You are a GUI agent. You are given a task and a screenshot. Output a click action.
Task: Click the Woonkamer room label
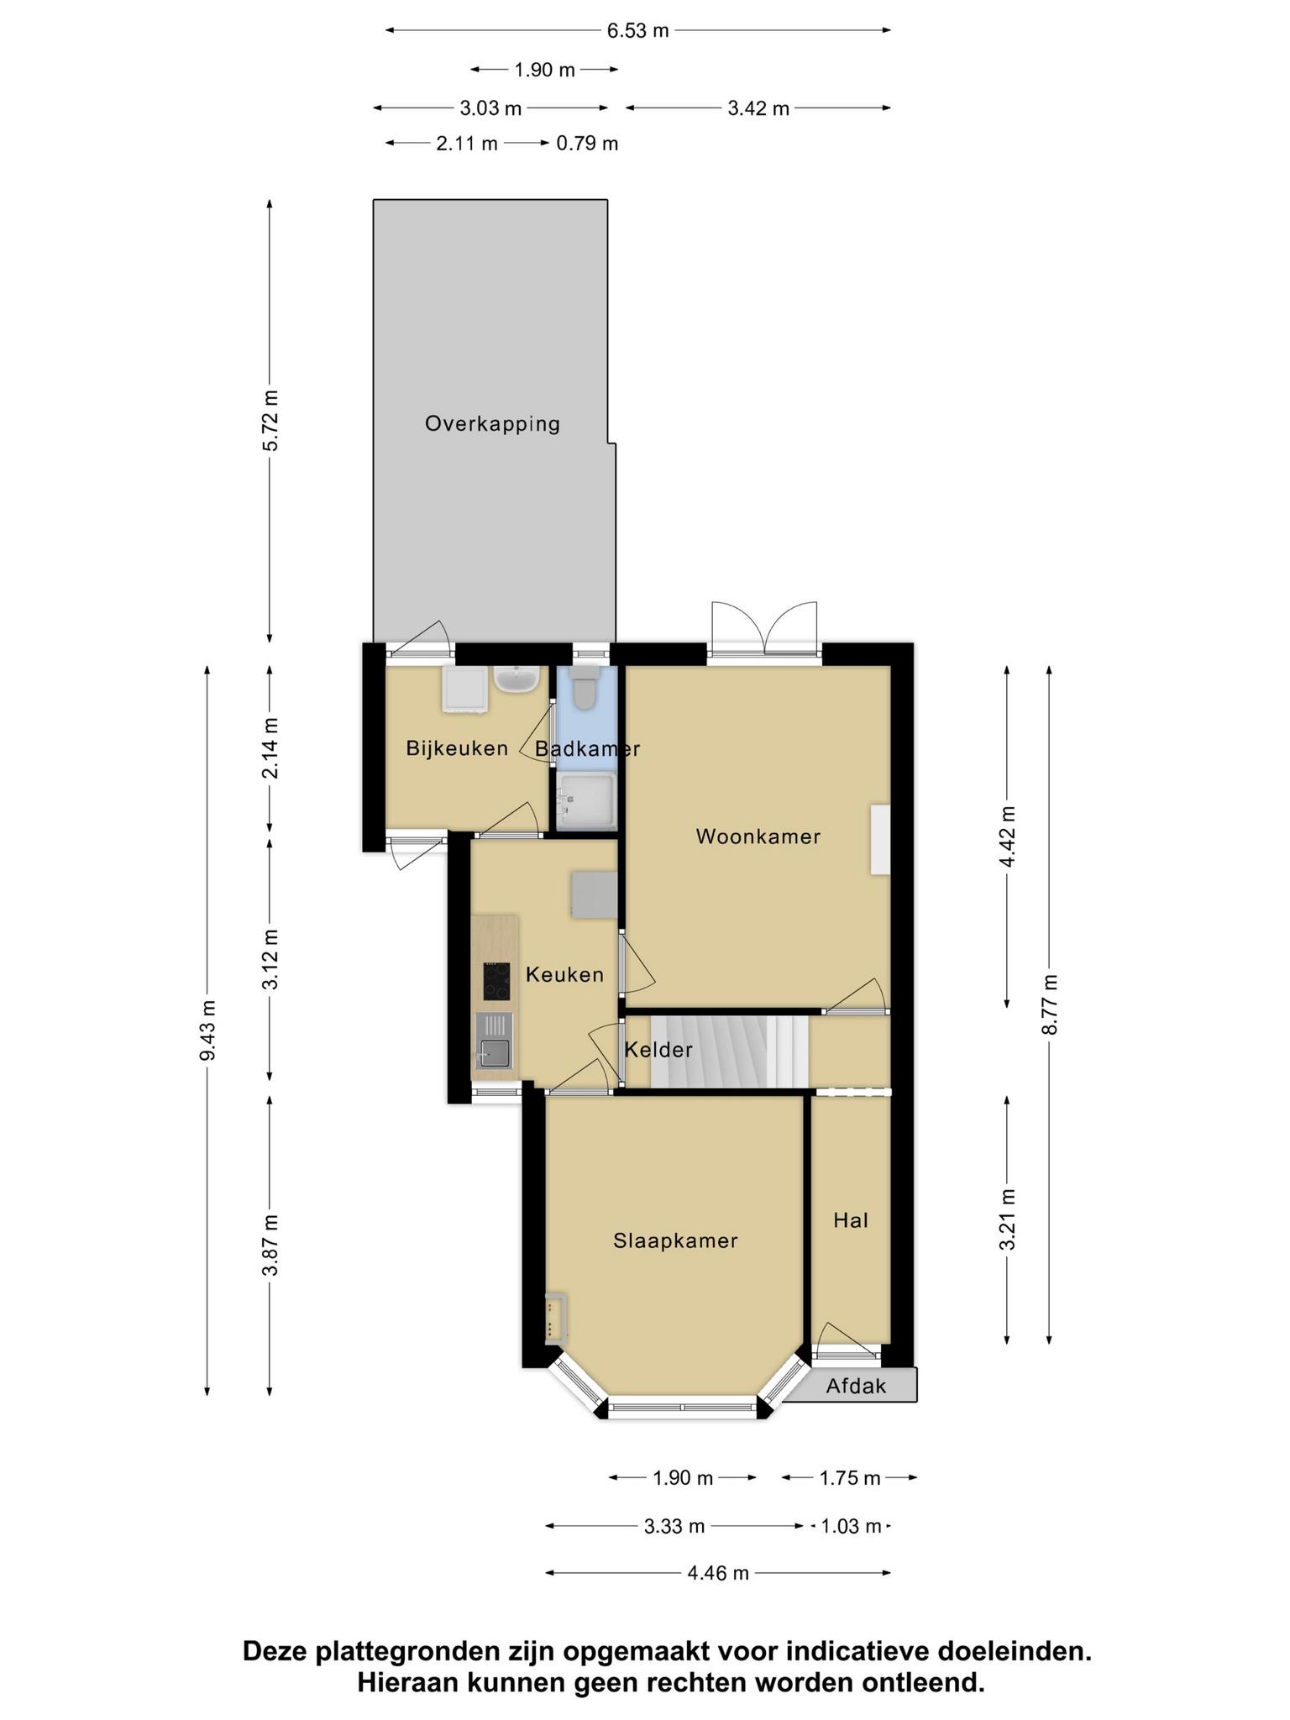tap(758, 836)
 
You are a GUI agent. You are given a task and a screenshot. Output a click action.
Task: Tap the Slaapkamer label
tap(675, 1240)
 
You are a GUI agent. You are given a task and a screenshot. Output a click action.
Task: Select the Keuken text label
tap(564, 974)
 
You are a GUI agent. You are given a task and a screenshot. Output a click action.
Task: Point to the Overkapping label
tap(492, 423)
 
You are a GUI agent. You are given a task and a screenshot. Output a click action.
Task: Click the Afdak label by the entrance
tap(856, 1386)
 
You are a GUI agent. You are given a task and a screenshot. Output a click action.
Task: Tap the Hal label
tap(850, 1220)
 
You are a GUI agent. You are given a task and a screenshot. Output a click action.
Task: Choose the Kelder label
tap(658, 1049)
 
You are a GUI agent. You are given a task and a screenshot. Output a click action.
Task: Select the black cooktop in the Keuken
tap(496, 981)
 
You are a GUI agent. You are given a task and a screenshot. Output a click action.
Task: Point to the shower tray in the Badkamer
tap(587, 802)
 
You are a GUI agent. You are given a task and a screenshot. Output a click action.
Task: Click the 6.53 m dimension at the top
tap(638, 31)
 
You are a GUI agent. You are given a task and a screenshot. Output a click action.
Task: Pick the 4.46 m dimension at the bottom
tap(718, 1573)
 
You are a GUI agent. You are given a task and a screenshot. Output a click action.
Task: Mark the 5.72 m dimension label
tap(270, 421)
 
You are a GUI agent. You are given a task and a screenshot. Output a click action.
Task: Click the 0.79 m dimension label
tap(587, 144)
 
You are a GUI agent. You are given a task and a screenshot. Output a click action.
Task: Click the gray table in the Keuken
tap(595, 894)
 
